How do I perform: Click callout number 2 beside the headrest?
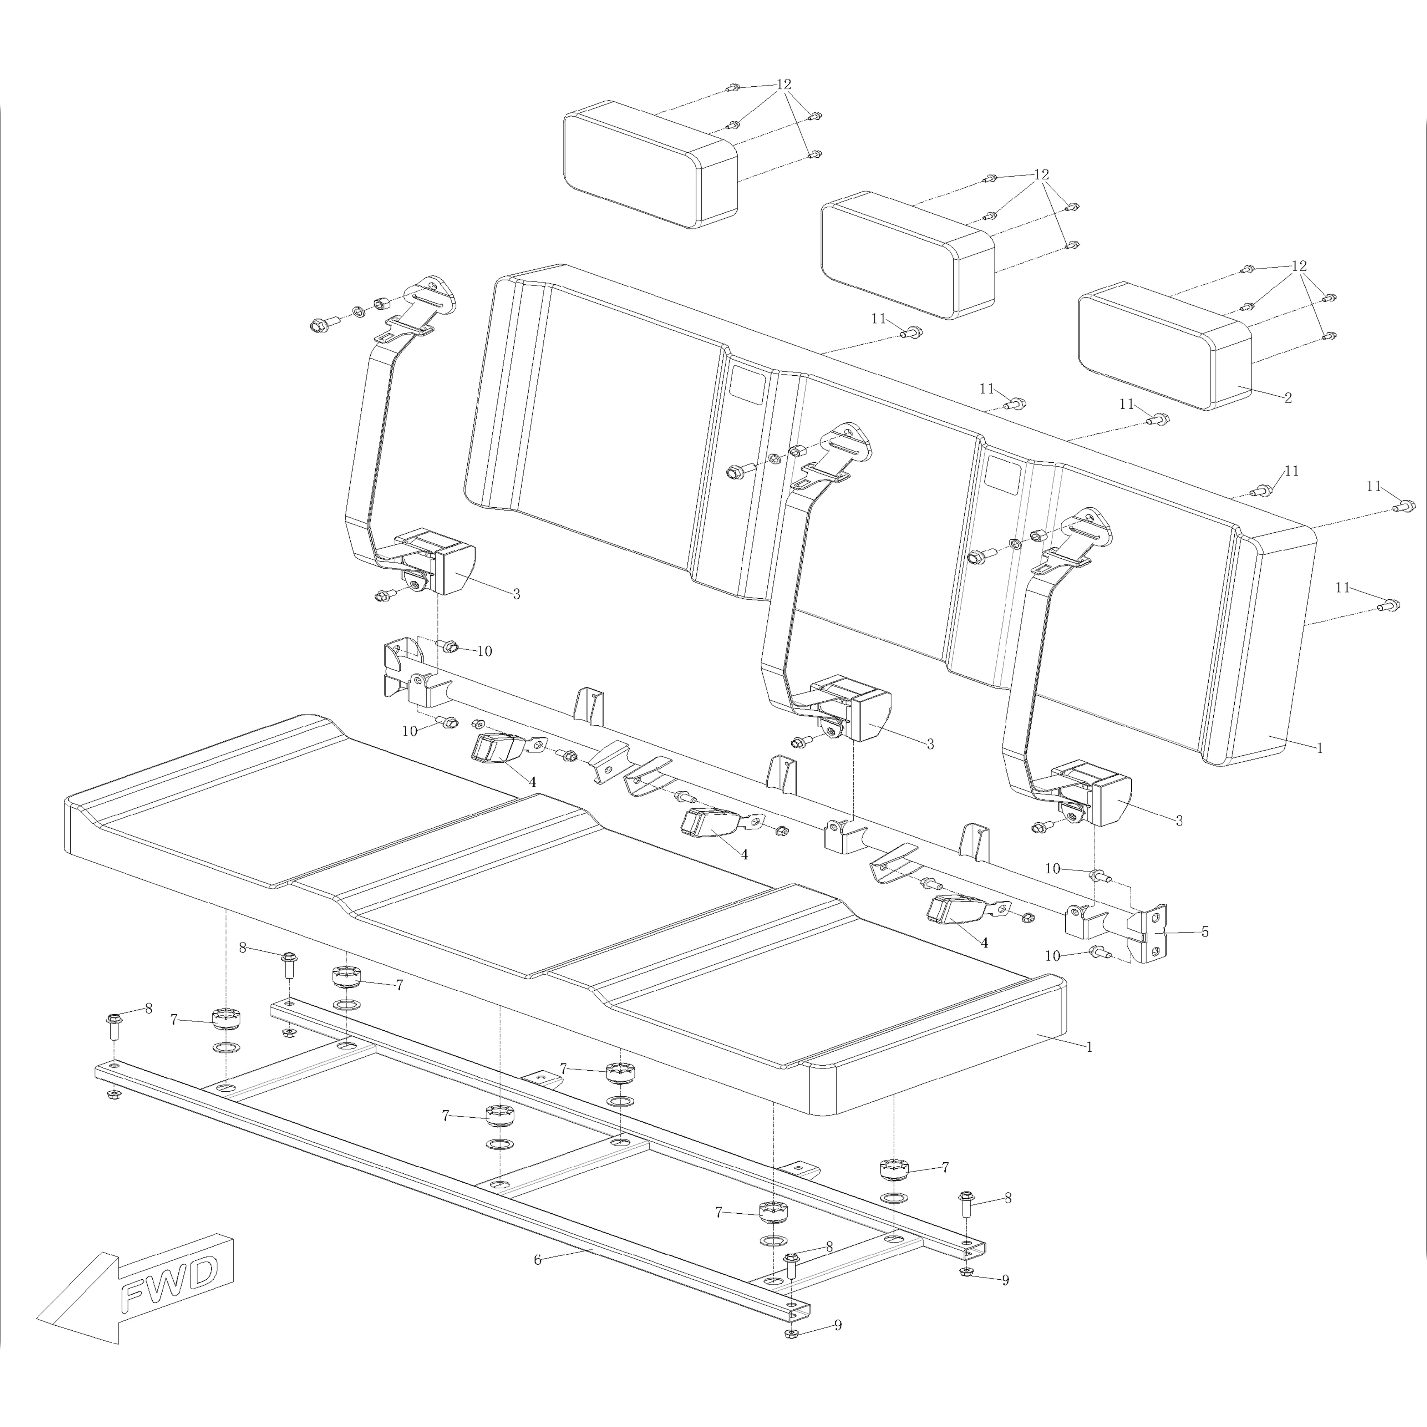pos(1288,398)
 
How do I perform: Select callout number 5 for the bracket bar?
pos(1205,932)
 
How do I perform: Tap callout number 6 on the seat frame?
pos(538,1259)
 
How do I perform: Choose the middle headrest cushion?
pos(907,255)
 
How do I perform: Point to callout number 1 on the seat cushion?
pos(1089,1047)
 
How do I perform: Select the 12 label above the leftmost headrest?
pos(784,84)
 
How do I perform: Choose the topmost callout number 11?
pos(878,318)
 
